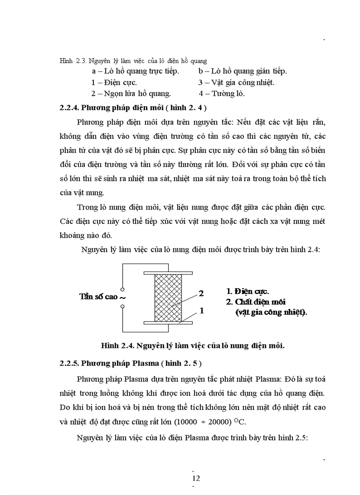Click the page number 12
(x=196, y=478)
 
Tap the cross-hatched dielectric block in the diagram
(x=168, y=298)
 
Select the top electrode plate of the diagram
(x=168, y=272)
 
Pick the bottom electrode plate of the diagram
(x=168, y=323)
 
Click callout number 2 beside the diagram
(x=201, y=293)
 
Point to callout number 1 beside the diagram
(x=201, y=311)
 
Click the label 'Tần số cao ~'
(x=103, y=297)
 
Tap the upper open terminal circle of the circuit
(x=123, y=289)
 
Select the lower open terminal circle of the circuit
(x=123, y=305)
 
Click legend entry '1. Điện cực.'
(x=247, y=291)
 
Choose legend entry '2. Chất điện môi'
(x=256, y=302)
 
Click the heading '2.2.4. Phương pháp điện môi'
(x=133, y=108)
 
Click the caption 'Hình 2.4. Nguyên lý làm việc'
(x=193, y=345)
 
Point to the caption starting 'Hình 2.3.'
(x=133, y=61)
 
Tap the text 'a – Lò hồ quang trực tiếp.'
(x=135, y=71)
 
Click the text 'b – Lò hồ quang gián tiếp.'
(x=242, y=71)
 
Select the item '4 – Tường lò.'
(x=221, y=93)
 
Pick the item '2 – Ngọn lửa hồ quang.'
(x=131, y=93)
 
